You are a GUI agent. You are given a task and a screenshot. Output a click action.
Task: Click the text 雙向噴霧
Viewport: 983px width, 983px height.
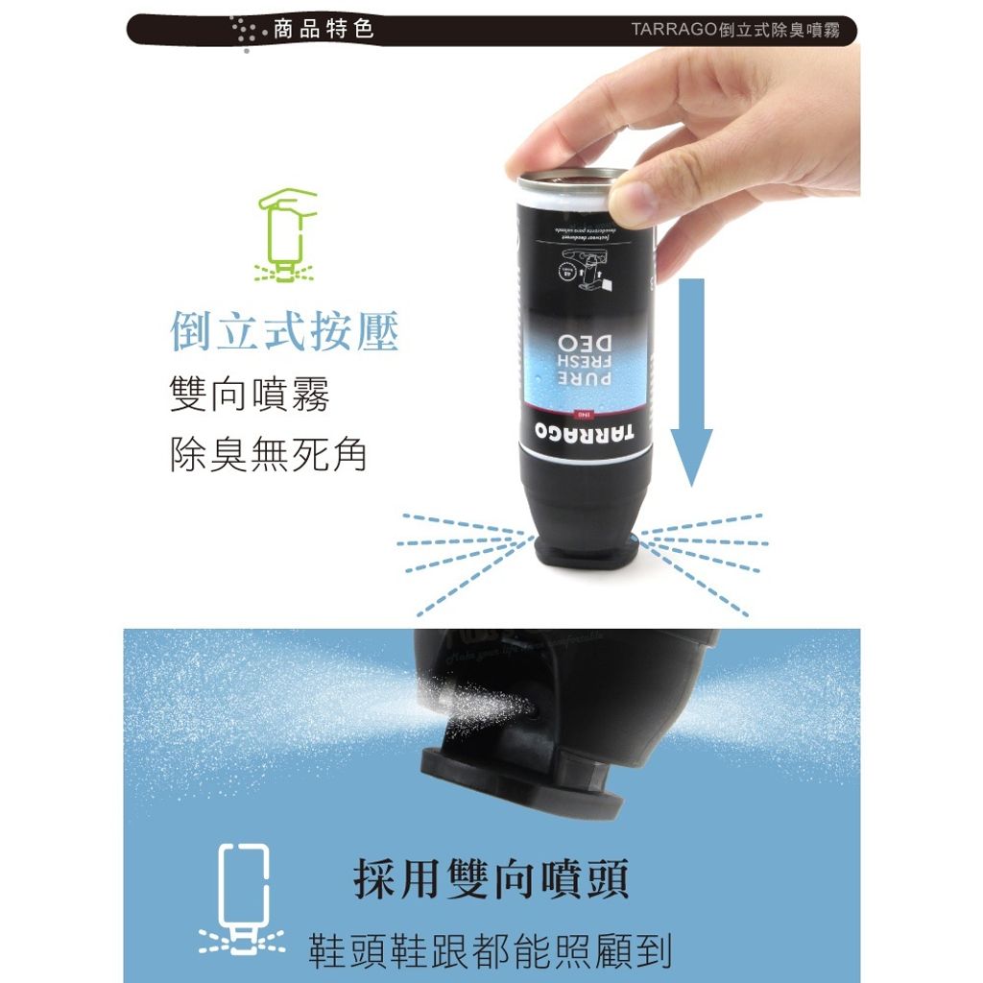pyautogui.click(x=249, y=395)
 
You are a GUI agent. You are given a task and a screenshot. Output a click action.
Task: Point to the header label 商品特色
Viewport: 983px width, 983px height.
pyautogui.click(x=324, y=29)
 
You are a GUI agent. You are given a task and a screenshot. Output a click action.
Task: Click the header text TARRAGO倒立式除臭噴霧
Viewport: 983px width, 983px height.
pyautogui.click(x=736, y=29)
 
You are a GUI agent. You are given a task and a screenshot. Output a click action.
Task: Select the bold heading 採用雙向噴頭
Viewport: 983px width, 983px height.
pyautogui.click(x=491, y=879)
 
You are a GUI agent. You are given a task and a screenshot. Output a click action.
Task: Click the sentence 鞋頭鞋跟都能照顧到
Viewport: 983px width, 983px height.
pyautogui.click(x=490, y=949)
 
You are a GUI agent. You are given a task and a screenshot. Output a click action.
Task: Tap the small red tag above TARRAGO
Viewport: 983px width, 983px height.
pyautogui.click(x=582, y=414)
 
